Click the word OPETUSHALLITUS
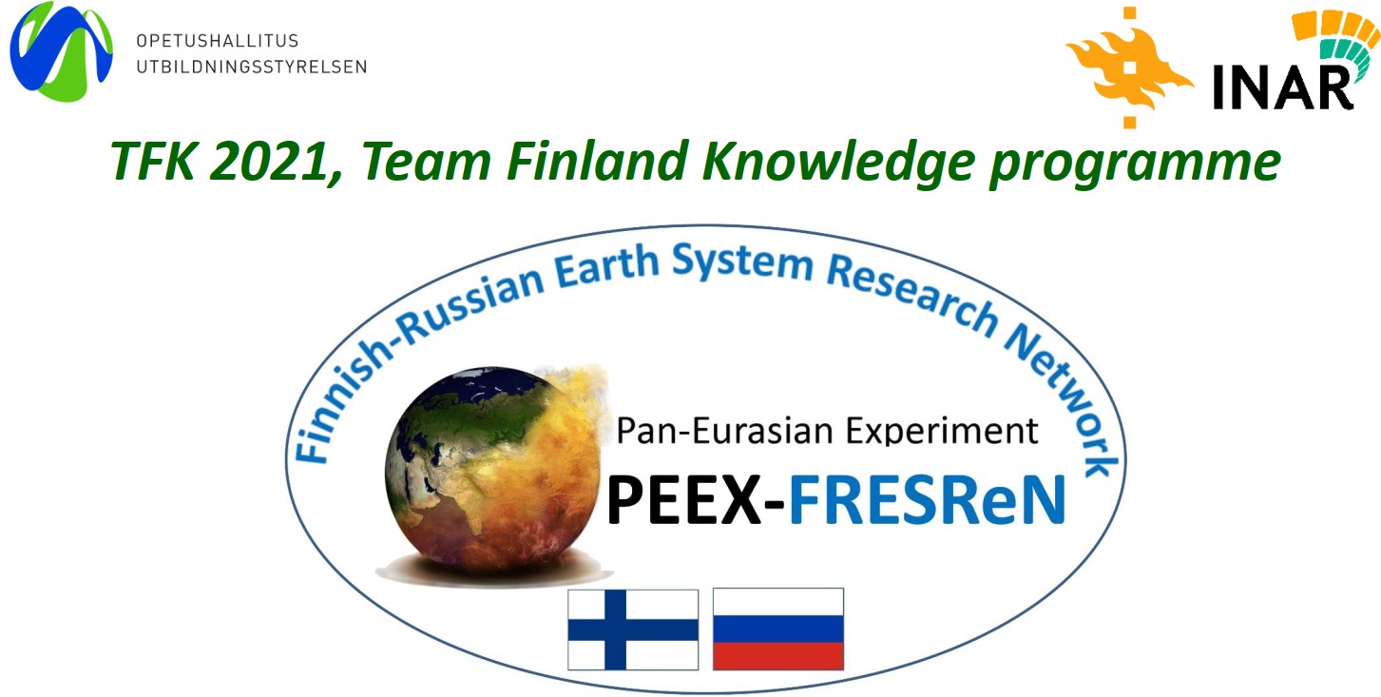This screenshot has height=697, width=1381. [218, 41]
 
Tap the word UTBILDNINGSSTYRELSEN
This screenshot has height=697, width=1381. [252, 67]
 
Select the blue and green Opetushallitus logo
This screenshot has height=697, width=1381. [61, 51]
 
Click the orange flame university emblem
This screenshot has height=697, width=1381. [1129, 67]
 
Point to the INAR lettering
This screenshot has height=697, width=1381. [1282, 87]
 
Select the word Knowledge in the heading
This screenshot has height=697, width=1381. [838, 161]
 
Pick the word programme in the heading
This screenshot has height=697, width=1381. [1135, 164]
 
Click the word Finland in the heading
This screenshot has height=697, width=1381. [597, 160]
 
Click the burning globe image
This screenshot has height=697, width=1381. [493, 472]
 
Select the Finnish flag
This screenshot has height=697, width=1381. [633, 629]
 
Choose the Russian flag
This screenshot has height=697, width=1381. [778, 629]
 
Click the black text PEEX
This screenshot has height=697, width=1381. [684, 499]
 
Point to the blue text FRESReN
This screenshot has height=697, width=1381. [928, 499]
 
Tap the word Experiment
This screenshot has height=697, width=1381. [942, 431]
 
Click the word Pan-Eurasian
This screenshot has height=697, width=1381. [726, 431]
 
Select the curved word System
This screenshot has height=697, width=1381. [742, 261]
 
